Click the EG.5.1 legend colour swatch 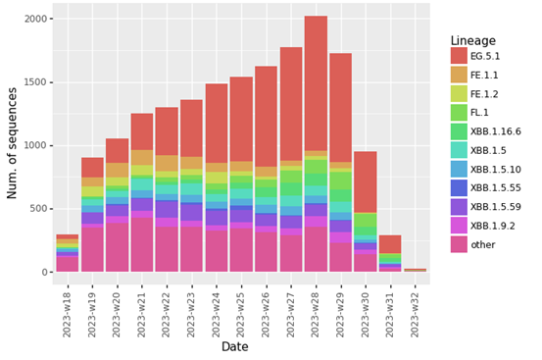coord(460,56)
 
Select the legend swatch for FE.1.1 coord(460,75)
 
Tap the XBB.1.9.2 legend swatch coord(460,226)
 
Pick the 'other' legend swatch coord(460,244)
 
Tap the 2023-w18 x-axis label coord(68,312)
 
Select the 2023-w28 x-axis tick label coord(316,312)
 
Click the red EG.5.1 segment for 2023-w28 coord(316,83)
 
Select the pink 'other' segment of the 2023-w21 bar coord(142,245)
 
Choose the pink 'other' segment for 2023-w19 coord(92,250)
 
